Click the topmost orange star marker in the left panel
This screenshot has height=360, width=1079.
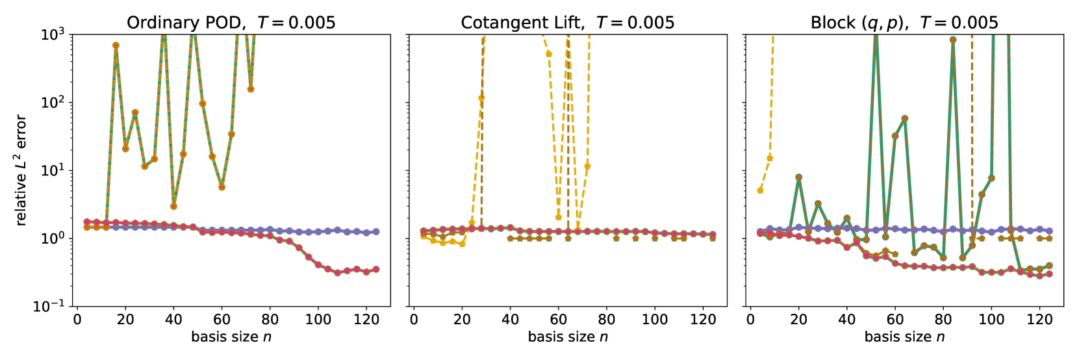point(116,45)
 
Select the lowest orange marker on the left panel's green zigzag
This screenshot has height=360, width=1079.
point(173,207)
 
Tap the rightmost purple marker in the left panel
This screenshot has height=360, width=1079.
point(375,231)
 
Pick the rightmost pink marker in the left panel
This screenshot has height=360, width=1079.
point(375,269)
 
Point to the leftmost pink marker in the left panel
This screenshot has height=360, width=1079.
point(87,222)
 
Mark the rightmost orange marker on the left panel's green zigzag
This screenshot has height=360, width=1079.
point(251,89)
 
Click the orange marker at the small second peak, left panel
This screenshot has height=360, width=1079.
point(135,112)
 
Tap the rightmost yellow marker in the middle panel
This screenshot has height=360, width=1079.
point(587,166)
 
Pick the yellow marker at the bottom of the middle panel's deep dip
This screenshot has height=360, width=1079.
point(558,217)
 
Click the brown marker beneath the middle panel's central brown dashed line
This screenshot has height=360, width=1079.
point(568,238)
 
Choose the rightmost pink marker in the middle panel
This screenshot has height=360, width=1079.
point(713,234)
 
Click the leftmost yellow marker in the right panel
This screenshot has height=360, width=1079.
point(760,190)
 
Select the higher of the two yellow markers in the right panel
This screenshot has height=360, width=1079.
point(770,158)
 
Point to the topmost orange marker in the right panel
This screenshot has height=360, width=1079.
point(952,40)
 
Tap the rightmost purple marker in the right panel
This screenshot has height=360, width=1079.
point(1048,231)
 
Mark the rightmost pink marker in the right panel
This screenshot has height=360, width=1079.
point(1048,274)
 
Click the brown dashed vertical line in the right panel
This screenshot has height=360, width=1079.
point(972,130)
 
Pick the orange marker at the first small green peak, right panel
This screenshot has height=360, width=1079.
point(798,177)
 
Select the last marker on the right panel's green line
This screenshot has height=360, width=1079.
point(1048,266)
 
